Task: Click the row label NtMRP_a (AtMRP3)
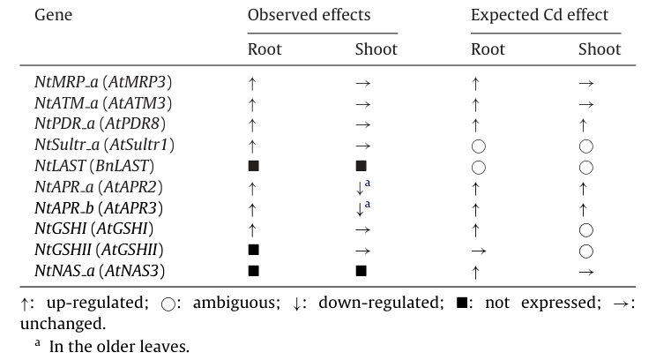click(103, 82)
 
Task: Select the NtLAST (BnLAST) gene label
click(94, 166)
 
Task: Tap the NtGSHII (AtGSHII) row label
click(99, 250)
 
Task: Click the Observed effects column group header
click(309, 15)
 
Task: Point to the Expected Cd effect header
click(540, 15)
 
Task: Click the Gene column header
click(53, 15)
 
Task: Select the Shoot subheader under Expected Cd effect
click(600, 49)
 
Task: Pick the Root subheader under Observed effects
click(265, 49)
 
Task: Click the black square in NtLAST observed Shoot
click(361, 166)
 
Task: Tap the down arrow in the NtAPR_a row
click(360, 188)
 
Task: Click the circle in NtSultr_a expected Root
click(479, 146)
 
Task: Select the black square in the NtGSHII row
click(254, 250)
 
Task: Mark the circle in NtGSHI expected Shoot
click(585, 229)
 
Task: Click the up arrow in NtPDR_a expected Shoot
click(583, 125)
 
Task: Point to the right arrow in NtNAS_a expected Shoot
click(586, 272)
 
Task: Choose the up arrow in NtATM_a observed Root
click(252, 104)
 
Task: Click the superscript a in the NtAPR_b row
click(368, 204)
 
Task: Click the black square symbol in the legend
click(462, 303)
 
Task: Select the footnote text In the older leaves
click(119, 346)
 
